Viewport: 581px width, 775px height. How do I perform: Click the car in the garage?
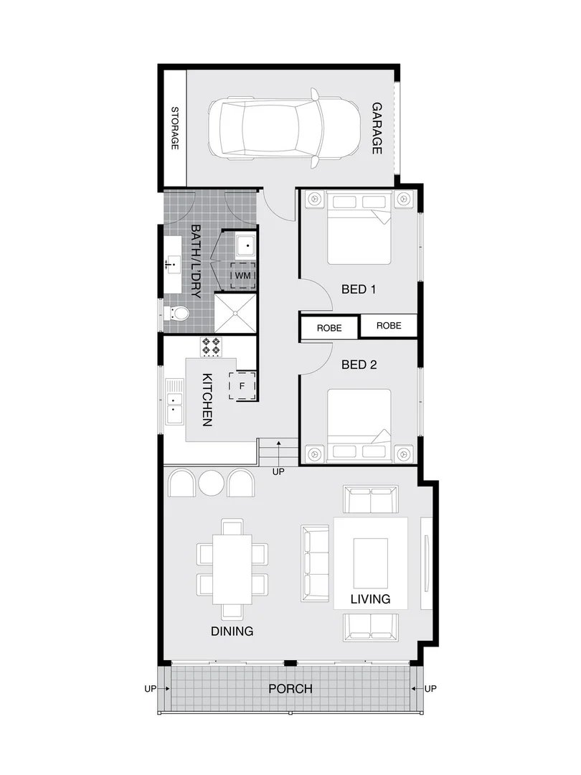click(x=283, y=128)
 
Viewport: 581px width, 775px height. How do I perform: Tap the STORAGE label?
click(x=174, y=128)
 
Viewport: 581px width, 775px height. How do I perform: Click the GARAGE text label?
click(x=377, y=128)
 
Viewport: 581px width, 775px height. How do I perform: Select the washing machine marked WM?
click(x=242, y=276)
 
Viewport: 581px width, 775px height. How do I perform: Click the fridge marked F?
click(x=242, y=385)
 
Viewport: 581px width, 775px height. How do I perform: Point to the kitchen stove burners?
click(x=211, y=347)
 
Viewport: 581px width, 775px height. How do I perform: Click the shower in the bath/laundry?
click(x=236, y=313)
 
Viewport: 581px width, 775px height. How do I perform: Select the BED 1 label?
click(x=359, y=290)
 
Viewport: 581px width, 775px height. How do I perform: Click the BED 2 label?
click(x=359, y=365)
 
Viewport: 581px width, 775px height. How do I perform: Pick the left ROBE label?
click(x=329, y=329)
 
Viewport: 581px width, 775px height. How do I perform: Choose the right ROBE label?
click(x=388, y=325)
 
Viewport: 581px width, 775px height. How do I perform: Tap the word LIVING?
click(x=370, y=599)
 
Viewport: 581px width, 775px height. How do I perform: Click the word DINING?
click(x=232, y=631)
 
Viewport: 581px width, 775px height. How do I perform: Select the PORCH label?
click(x=290, y=689)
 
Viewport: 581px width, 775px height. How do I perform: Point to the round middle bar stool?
click(x=211, y=484)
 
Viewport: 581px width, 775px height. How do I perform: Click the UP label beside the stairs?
click(x=278, y=472)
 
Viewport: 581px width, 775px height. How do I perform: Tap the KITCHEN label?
click(x=207, y=400)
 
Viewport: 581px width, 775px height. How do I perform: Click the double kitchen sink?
click(x=175, y=409)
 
